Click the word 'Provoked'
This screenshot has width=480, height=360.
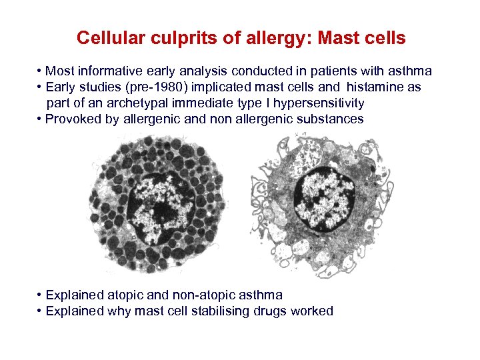tap(70, 119)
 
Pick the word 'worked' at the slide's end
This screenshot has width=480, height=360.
tap(311, 311)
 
